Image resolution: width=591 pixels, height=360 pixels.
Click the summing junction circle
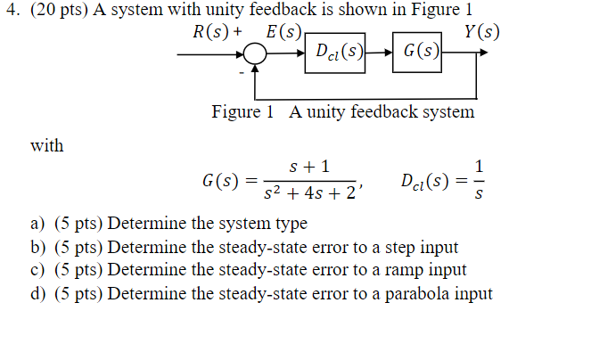pos(256,54)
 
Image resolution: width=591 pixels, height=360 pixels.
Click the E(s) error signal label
pos(283,33)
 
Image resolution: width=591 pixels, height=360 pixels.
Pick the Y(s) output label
pos(482,33)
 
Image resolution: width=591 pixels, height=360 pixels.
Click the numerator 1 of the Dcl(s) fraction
pos(480,166)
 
